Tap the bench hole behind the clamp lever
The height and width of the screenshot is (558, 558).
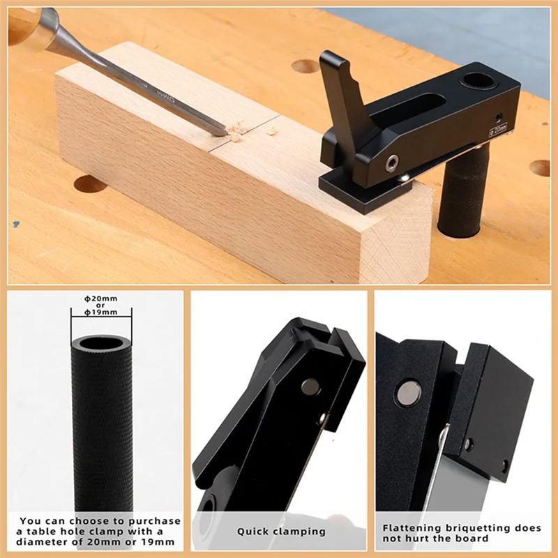coord(306,67)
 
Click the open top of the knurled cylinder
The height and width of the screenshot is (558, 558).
coord(102,343)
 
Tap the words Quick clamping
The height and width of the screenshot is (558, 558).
coord(281,531)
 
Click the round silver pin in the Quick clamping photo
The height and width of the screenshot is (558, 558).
coord(310,386)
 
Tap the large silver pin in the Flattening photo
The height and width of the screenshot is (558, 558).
coord(408,394)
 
